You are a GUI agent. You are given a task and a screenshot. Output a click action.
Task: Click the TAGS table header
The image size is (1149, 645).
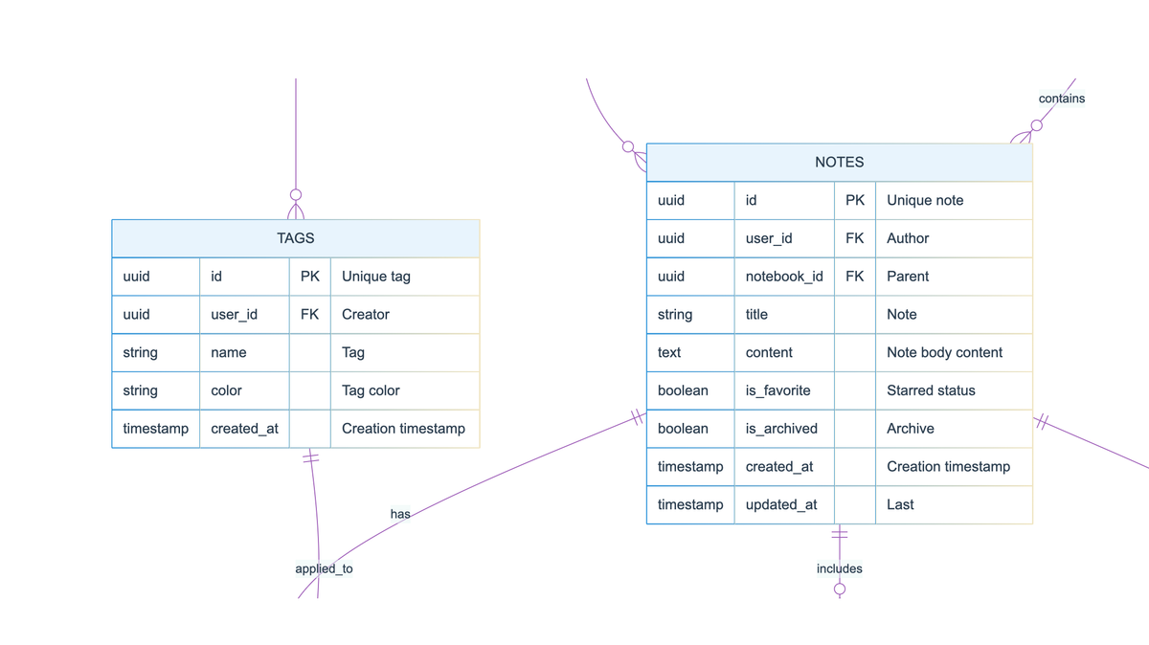pos(295,238)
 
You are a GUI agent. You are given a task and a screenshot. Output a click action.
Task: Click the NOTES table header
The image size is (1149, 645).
pos(839,163)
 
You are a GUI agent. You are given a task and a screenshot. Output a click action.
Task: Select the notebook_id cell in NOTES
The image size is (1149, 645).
pos(784,277)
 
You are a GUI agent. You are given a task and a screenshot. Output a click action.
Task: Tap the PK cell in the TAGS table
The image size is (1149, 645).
pos(309,277)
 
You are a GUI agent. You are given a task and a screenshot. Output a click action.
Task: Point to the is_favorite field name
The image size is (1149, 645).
pos(777,390)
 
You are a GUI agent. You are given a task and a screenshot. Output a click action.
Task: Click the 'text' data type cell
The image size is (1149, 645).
pos(669,352)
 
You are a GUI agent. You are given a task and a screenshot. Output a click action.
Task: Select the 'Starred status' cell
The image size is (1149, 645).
pos(931,390)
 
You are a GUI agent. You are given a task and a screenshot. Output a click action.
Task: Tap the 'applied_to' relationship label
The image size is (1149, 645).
pos(324,568)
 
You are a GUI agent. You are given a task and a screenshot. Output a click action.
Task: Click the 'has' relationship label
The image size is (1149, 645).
pos(400,514)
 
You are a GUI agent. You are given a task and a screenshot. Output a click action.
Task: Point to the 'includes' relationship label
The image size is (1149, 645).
pos(839,568)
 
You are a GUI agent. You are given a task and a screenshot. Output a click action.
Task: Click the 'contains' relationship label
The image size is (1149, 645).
pos(1061,99)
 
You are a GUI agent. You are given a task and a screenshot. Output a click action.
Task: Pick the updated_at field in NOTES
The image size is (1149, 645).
pos(781,504)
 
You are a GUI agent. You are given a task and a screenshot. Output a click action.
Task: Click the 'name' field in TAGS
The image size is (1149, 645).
pos(229,352)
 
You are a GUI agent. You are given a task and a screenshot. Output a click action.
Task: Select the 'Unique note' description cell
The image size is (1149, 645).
pos(925,200)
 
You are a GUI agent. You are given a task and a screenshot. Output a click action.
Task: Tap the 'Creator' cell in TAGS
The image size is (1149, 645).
pos(366,314)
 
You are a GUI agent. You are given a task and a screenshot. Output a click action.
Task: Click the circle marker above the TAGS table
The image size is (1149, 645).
pos(296,194)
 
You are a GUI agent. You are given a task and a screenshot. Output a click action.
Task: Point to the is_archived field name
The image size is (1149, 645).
pos(781,429)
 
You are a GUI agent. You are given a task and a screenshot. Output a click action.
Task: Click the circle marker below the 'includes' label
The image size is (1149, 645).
pos(840,589)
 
